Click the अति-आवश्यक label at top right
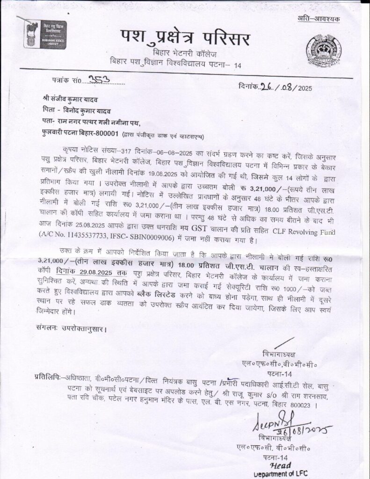319,19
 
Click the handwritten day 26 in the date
267,87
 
